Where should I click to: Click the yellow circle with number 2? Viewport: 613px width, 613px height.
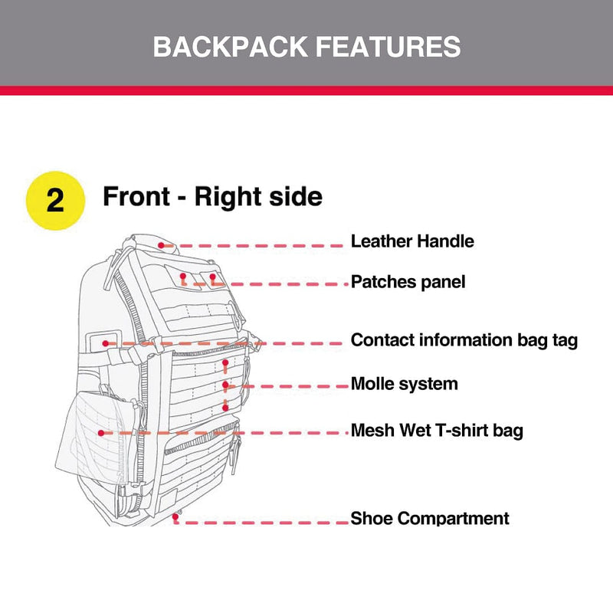coord(55,199)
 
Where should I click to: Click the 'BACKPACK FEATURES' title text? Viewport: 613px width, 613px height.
coord(306,46)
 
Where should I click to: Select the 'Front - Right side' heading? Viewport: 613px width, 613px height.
coord(212,197)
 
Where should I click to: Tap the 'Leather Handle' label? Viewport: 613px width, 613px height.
coord(412,241)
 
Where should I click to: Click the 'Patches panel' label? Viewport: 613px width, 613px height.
coord(408,282)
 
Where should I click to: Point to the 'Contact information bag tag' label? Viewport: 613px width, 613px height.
coord(464,340)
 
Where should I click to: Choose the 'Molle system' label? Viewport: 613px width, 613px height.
coord(404,384)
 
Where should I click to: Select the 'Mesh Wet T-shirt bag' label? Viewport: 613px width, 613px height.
coord(437,431)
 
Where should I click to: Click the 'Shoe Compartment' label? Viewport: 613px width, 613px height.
coord(430,519)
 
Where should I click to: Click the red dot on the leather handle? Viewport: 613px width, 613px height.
coord(162,244)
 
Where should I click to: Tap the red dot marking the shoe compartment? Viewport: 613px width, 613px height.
coord(176,519)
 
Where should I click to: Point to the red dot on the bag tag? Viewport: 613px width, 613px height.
coord(105,343)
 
